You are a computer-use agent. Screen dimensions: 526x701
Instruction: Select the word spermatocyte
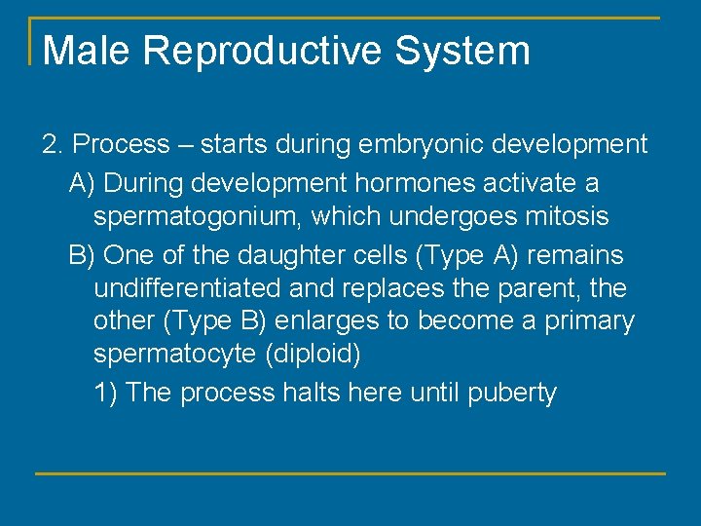tap(175, 355)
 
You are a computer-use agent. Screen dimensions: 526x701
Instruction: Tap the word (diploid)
tap(313, 355)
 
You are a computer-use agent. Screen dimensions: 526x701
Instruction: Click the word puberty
tap(512, 394)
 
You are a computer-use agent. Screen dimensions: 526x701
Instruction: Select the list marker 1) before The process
tap(106, 393)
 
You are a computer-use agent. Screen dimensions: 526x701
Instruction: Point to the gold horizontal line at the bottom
tap(350, 473)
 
